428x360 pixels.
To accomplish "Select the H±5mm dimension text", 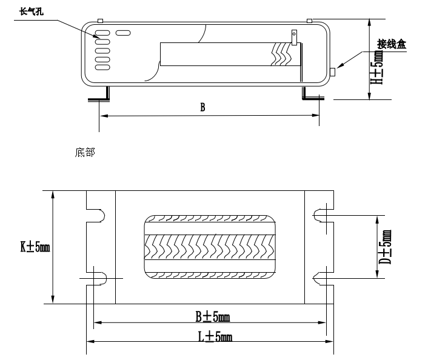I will coord(379,67).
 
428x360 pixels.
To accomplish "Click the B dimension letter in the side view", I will coord(203,107).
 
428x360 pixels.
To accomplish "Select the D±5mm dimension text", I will coord(386,246).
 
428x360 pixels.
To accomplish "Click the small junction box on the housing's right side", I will coord(333,73).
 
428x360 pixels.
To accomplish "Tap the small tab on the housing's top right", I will coord(309,21).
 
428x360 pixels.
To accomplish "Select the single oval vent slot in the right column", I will coord(123,32).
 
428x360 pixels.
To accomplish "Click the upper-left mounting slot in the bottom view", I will coord(98,215).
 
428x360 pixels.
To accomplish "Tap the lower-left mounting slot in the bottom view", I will coord(98,277).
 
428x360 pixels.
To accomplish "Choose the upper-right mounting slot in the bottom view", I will coord(322,215).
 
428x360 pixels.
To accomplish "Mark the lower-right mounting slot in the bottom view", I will coord(322,277).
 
